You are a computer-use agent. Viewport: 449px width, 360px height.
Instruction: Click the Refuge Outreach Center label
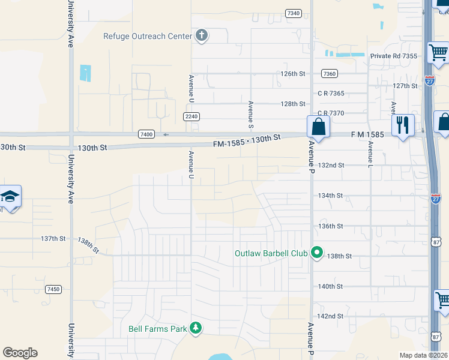pos(147,36)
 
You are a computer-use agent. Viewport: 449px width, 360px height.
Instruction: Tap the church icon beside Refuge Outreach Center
pos(201,35)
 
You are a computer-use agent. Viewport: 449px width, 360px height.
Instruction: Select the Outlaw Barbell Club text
pos(271,253)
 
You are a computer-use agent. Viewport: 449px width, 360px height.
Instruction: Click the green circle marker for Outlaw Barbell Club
pos(318,253)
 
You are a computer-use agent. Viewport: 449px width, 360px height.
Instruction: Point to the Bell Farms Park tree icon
pos(195,328)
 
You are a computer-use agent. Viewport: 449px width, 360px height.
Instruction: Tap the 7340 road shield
pos(294,13)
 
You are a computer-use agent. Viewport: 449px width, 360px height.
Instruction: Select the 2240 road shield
pos(191,116)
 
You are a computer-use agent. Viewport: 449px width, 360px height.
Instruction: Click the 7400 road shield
pos(146,134)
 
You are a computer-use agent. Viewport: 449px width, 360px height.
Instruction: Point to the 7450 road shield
pos(53,289)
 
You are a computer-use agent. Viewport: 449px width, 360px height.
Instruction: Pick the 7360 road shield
pos(329,74)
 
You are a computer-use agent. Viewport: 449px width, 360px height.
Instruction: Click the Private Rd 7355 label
pos(394,56)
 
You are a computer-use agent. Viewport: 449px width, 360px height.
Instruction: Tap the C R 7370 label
pos(331,113)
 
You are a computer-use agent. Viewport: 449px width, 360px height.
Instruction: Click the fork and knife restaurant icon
pos(402,125)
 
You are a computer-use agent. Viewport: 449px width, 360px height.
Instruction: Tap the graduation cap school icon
pos(10,197)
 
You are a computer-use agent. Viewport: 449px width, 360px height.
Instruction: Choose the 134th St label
pos(330,196)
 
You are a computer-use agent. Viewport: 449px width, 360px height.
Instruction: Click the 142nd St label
pos(330,316)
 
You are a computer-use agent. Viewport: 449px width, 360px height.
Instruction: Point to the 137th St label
pos(53,239)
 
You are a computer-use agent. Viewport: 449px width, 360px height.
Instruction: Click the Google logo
pos(20,353)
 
